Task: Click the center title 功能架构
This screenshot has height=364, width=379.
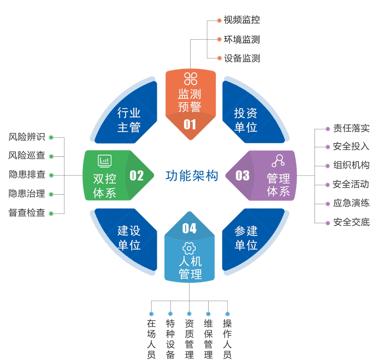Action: click(192, 176)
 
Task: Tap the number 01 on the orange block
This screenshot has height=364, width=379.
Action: click(190, 125)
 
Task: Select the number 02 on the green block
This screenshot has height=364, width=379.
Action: click(136, 176)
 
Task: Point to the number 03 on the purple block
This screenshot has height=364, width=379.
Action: click(243, 176)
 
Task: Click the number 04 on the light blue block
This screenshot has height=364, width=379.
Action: click(189, 228)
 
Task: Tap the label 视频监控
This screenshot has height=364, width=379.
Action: click(242, 20)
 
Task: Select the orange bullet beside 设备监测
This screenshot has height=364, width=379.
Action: click(219, 58)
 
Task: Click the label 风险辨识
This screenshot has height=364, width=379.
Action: click(27, 137)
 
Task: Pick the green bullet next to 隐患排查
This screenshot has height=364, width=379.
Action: click(51, 175)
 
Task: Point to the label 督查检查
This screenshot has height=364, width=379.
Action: click(27, 213)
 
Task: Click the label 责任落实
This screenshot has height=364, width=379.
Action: click(351, 128)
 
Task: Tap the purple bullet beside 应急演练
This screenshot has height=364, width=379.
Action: click(328, 204)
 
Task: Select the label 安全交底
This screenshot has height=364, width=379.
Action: click(351, 222)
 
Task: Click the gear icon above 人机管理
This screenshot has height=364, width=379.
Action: click(189, 249)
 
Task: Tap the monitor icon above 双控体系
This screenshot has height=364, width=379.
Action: click(105, 161)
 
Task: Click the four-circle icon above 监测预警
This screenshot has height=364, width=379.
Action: click(190, 79)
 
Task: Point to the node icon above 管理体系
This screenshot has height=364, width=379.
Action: click(278, 161)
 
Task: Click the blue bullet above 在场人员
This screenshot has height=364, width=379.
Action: click(151, 314)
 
